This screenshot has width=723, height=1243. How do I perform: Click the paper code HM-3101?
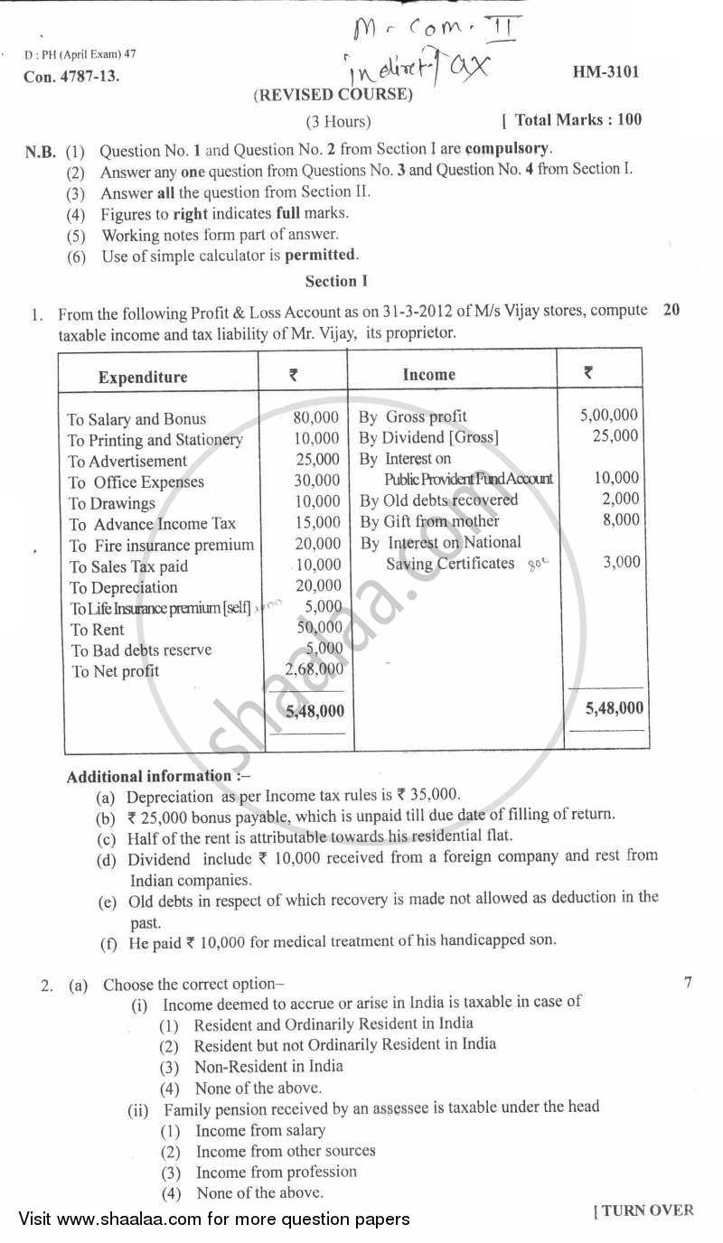[606, 71]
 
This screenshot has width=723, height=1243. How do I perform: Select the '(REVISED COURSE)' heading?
[333, 95]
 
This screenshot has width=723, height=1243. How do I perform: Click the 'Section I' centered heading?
[336, 281]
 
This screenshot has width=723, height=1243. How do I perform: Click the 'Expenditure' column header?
[143, 377]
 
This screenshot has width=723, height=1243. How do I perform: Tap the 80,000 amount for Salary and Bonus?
[316, 417]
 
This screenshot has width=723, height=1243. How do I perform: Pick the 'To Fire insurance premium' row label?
[162, 545]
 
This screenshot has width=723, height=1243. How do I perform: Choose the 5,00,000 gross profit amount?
[608, 415]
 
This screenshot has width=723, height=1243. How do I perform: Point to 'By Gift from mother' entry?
[429, 521]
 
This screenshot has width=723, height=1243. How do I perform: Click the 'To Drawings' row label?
[112, 503]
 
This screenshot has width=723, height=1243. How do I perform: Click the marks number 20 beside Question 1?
[671, 310]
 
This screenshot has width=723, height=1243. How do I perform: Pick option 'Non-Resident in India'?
[268, 1066]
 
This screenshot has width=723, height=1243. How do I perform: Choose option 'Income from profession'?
[276, 1172]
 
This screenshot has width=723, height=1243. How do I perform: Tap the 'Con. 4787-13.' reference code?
[71, 77]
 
